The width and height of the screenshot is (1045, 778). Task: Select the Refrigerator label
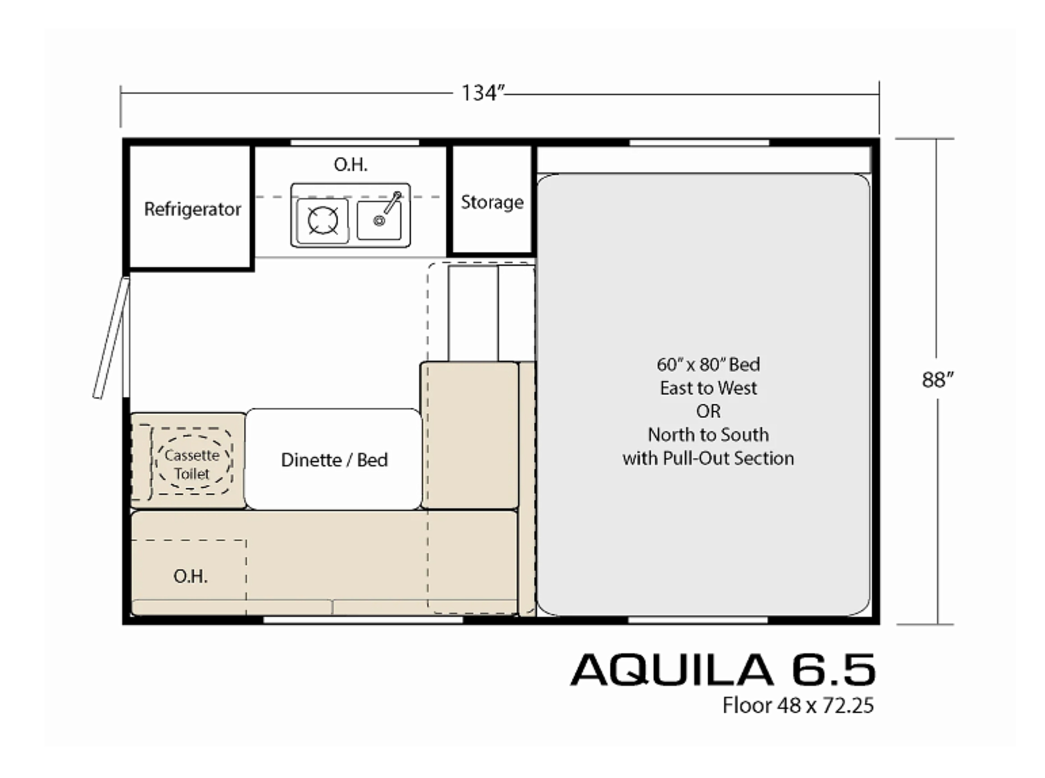(192, 209)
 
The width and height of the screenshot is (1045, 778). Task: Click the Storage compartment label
(492, 202)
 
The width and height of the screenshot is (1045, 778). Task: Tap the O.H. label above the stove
(350, 164)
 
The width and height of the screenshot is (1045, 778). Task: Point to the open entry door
(111, 338)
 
